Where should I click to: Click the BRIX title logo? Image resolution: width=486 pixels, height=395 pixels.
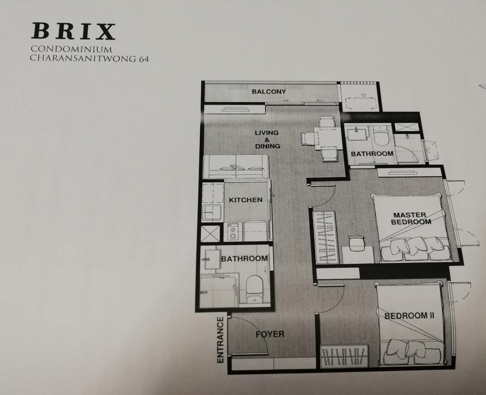(x=73, y=31)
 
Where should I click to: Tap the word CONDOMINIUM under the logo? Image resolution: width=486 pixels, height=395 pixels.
(x=71, y=49)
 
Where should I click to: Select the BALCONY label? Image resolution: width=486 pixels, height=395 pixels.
(x=269, y=92)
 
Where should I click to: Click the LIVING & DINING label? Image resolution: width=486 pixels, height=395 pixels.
(x=267, y=139)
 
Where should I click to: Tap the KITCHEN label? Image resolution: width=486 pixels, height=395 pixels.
(x=246, y=200)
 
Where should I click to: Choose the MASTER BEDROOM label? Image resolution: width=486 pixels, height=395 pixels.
(x=411, y=218)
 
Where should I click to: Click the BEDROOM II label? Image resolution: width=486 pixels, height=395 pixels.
(x=409, y=316)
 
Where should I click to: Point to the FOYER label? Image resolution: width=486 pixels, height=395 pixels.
(x=270, y=334)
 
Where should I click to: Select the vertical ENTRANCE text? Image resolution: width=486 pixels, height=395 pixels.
(x=220, y=340)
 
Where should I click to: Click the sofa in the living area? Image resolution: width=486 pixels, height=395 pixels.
(x=236, y=167)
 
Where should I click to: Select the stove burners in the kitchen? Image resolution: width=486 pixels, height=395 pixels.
(x=233, y=232)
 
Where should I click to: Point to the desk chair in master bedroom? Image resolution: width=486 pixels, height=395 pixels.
(x=357, y=243)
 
